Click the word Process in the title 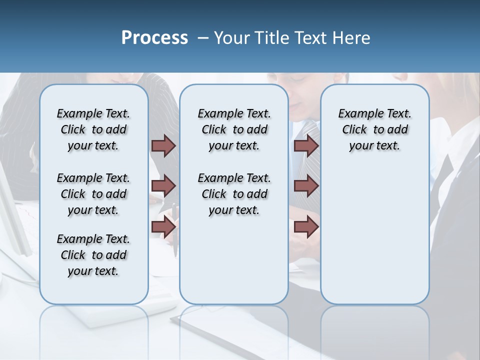pyautogui.click(x=154, y=38)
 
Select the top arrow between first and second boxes pyautogui.click(x=163, y=145)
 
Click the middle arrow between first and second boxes pyautogui.click(x=163, y=186)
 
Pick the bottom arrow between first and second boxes pyautogui.click(x=163, y=226)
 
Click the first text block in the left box pyautogui.click(x=93, y=129)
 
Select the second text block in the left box pyautogui.click(x=93, y=194)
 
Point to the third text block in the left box pyautogui.click(x=93, y=255)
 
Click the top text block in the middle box pyautogui.click(x=234, y=129)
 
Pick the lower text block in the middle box pyautogui.click(x=234, y=194)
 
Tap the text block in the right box pyautogui.click(x=374, y=129)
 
